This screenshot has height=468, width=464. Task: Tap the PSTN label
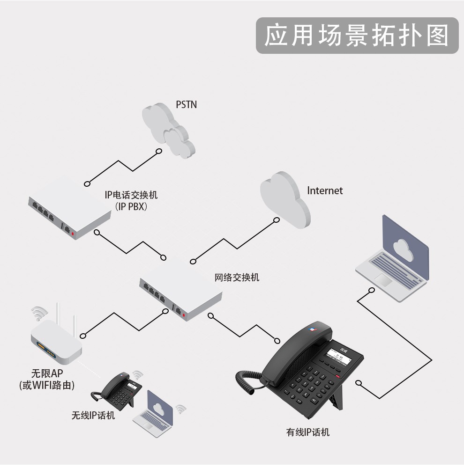point(186,105)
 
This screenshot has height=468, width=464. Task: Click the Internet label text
point(325,191)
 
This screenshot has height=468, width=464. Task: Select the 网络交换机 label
point(237,278)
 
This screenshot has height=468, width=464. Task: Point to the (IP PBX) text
point(131,206)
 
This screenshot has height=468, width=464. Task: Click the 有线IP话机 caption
point(307,432)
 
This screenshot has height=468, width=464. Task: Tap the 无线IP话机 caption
point(93,415)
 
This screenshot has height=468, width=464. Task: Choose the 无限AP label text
point(47,373)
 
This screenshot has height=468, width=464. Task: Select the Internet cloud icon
point(285,200)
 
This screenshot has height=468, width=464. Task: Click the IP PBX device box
point(70,207)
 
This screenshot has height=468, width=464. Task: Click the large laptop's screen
point(405,247)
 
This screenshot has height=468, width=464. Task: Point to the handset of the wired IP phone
point(297,353)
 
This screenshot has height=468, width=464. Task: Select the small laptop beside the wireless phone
point(153,414)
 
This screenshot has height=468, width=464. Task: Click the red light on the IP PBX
point(73,234)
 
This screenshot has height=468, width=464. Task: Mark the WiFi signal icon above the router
point(39,314)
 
